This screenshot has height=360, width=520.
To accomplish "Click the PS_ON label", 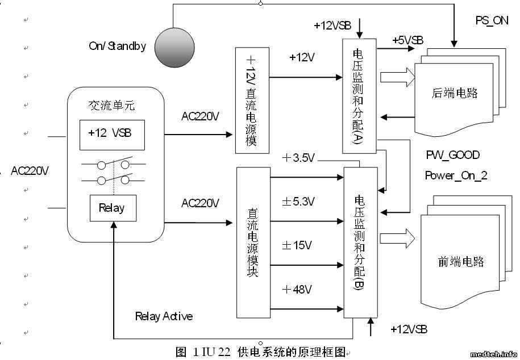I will tap(492, 20).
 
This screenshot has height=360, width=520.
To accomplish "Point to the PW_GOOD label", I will tap(452, 154).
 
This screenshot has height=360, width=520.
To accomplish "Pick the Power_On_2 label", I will tap(456, 175).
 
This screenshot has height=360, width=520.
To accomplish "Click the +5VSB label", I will tap(407, 40).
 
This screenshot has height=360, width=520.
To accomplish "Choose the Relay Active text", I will tap(164, 316).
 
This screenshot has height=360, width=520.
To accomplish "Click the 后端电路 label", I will tap(455, 93).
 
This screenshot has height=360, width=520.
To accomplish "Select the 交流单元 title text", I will tap(111, 106).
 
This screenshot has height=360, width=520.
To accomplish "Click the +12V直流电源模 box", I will tap(252, 101).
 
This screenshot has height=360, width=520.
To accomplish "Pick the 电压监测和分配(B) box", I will tap(360, 242).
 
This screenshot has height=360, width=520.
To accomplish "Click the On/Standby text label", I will tap(117, 46).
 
